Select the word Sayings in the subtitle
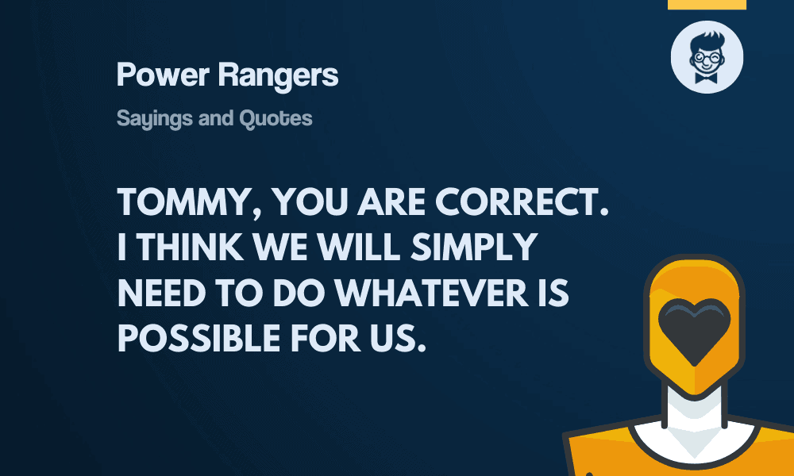pos(148,119)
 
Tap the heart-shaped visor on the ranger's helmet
pos(695,329)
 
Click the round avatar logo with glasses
pos(707,57)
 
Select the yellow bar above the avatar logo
pos(707,4)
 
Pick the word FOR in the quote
pos(325,339)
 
